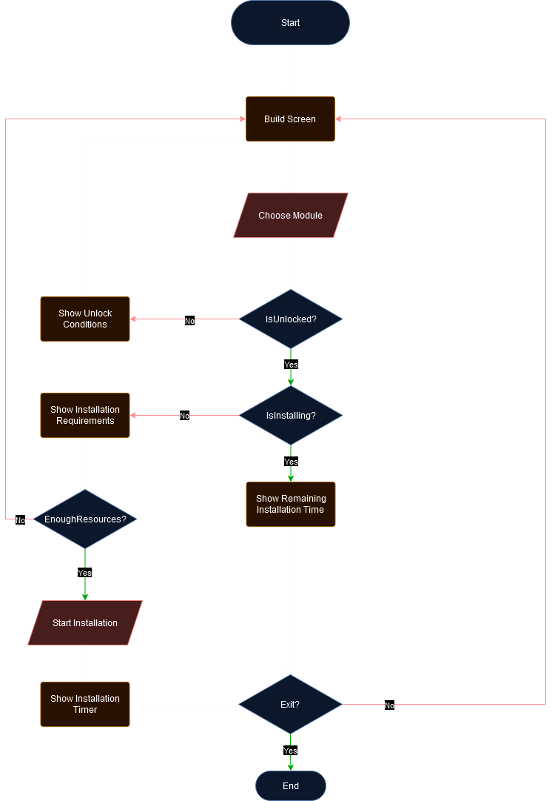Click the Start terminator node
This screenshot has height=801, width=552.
click(x=290, y=23)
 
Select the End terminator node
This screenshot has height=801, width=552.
click(x=290, y=785)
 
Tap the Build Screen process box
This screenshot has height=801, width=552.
click(x=290, y=119)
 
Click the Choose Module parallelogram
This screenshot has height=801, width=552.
click(x=290, y=216)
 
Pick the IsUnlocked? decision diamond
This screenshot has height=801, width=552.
click(x=290, y=319)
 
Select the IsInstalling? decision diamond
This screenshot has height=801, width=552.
click(x=290, y=416)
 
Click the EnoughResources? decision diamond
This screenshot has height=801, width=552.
click(x=85, y=519)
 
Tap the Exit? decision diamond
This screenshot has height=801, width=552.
click(x=290, y=705)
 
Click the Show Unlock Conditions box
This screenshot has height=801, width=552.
click(x=85, y=319)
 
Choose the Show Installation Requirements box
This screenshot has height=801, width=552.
click(x=85, y=415)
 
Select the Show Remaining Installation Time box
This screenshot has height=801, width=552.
click(x=290, y=505)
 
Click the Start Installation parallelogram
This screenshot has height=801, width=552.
click(x=85, y=623)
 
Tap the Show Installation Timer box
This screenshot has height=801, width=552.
click(x=85, y=704)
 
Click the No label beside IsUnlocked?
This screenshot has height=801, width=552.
click(x=189, y=321)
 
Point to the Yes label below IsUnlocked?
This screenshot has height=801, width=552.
click(x=291, y=365)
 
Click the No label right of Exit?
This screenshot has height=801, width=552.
click(x=389, y=705)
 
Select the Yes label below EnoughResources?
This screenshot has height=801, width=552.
click(x=85, y=573)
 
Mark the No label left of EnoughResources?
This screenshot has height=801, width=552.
click(x=20, y=520)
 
